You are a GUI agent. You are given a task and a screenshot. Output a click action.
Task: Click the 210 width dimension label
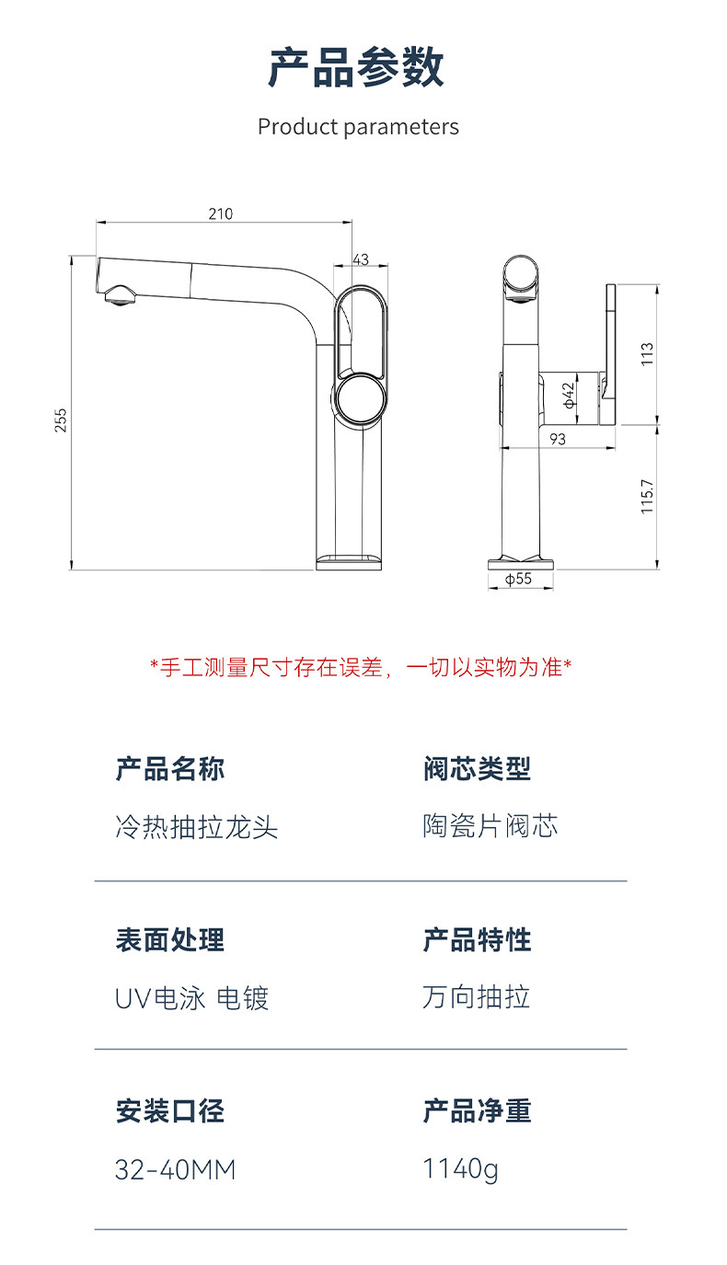tap(220, 214)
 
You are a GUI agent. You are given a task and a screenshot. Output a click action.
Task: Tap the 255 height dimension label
tap(61, 420)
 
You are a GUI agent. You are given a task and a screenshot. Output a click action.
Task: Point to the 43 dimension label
tap(361, 259)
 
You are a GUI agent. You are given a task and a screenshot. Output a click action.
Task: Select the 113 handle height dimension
tap(647, 354)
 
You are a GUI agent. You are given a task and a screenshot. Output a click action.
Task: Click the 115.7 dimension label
tap(647, 497)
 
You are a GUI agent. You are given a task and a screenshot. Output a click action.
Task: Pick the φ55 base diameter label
tap(518, 579)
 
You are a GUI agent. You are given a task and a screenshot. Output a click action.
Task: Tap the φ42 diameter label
tap(569, 395)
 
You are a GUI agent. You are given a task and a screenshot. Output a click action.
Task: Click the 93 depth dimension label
tap(557, 439)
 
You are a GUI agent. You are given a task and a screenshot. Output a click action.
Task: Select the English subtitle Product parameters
tap(358, 127)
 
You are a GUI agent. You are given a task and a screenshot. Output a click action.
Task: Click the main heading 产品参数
tap(356, 68)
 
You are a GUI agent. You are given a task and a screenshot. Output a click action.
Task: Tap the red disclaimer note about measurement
tap(361, 668)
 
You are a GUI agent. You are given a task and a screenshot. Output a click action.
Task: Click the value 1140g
tap(460, 1169)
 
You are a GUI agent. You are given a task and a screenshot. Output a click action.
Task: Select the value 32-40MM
tap(175, 1170)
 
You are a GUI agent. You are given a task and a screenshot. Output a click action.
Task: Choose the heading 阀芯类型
tap(478, 768)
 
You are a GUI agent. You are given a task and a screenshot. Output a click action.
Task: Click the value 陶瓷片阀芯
tap(490, 825)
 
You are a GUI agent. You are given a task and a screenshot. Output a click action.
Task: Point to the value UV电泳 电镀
tap(191, 998)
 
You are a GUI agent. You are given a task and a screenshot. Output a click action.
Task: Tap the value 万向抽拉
tap(476, 996)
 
